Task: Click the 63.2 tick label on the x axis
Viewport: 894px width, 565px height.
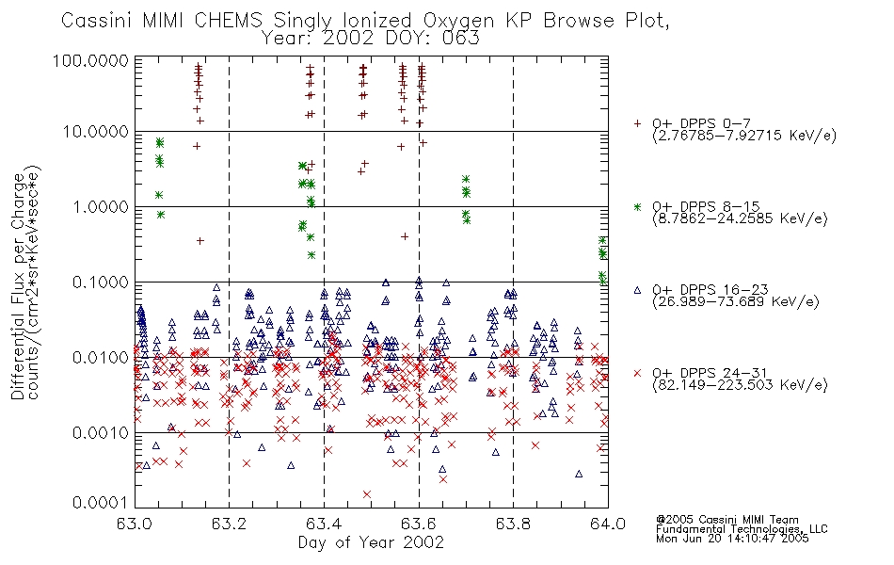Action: click(x=230, y=524)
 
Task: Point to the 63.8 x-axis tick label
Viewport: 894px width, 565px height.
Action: click(x=513, y=524)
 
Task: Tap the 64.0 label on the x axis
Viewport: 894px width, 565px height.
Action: click(x=608, y=524)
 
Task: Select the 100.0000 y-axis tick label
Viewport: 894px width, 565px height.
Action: click(x=90, y=60)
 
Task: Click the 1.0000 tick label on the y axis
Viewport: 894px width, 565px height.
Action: click(x=101, y=206)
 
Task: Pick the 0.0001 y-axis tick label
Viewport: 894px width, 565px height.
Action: click(x=101, y=502)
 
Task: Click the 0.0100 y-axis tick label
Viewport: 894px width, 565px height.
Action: click(x=101, y=358)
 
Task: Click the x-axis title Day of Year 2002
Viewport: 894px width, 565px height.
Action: click(x=371, y=542)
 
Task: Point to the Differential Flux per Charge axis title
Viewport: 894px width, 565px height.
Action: click(x=19, y=287)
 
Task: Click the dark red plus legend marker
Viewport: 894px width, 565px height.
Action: click(x=637, y=123)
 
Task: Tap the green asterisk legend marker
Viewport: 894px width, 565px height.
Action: click(x=637, y=206)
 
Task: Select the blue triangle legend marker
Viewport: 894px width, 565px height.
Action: click(x=637, y=290)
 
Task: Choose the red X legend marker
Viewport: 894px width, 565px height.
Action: click(x=637, y=373)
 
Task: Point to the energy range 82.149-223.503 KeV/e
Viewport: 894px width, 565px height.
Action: click(x=740, y=385)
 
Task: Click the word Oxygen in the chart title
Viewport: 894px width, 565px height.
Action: click(x=459, y=21)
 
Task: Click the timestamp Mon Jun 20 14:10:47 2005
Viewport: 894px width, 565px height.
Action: click(x=732, y=539)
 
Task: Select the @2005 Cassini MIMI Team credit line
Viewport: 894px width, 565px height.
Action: click(x=726, y=520)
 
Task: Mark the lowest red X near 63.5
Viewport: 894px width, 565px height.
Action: click(x=367, y=494)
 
